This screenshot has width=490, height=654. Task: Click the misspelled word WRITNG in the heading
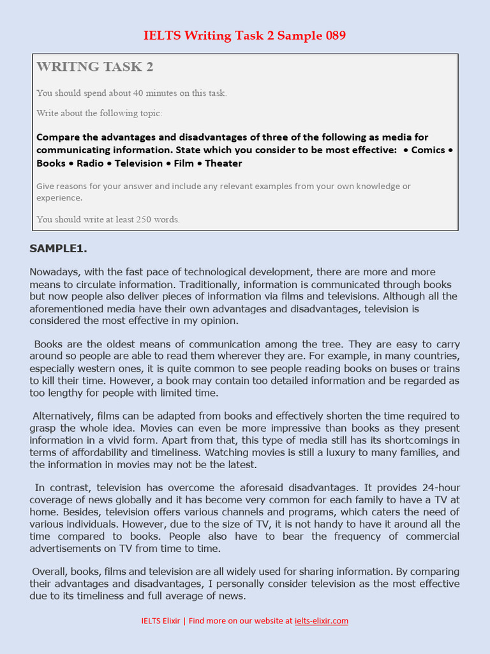click(x=64, y=66)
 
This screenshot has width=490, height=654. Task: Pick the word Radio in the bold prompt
click(x=90, y=163)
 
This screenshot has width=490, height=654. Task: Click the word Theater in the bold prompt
click(x=223, y=163)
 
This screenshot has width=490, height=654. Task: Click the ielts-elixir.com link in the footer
click(x=322, y=621)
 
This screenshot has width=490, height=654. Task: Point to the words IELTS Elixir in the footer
click(x=161, y=621)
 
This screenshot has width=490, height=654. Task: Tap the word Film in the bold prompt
click(x=184, y=163)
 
